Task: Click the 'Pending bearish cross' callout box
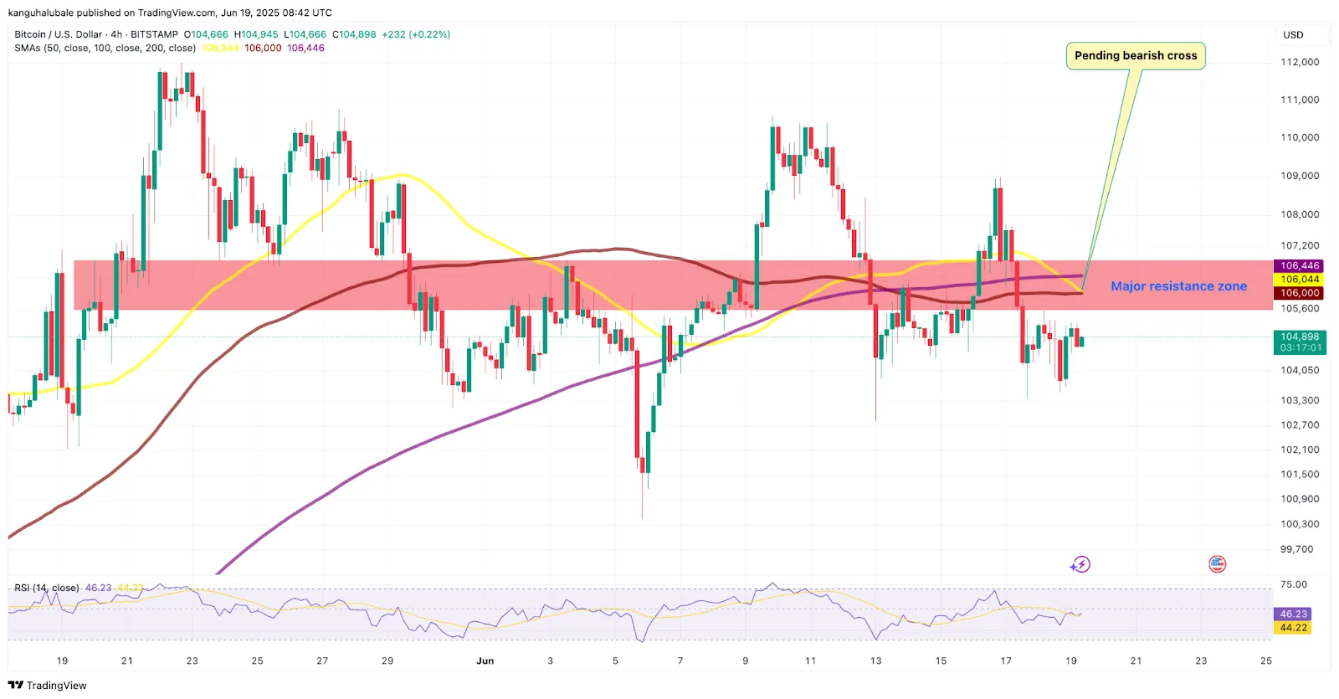(x=1136, y=56)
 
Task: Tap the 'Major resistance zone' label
(x=1178, y=286)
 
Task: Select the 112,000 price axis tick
(x=1300, y=62)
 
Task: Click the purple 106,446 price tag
(x=1300, y=265)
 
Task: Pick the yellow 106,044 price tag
(x=1300, y=280)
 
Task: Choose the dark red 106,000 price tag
(x=1300, y=293)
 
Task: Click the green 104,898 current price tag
(x=1300, y=337)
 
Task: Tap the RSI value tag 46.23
(x=1293, y=614)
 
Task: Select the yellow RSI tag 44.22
(x=1293, y=628)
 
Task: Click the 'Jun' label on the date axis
(x=485, y=660)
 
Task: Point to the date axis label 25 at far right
(x=1266, y=660)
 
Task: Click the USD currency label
(x=1293, y=35)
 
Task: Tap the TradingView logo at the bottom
(x=48, y=685)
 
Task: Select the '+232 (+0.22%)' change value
(x=416, y=34)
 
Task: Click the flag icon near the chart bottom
(x=1217, y=564)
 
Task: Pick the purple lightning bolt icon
(x=1080, y=564)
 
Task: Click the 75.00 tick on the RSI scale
(x=1293, y=584)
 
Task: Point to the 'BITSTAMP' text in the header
(x=154, y=34)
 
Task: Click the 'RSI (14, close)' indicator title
(x=47, y=588)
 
